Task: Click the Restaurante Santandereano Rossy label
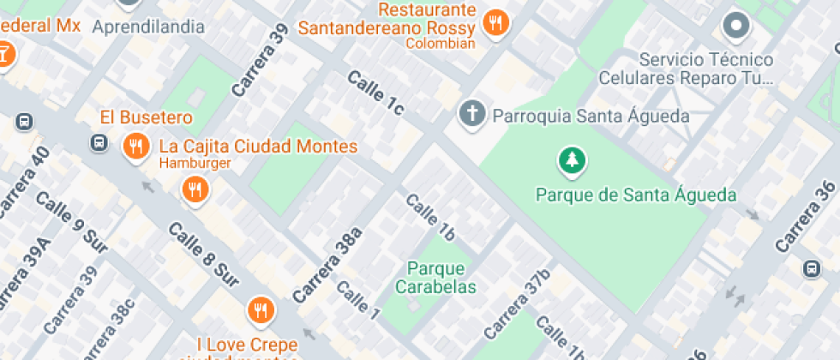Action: click(387, 19)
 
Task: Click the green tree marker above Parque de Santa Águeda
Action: click(571, 159)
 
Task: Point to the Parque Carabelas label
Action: click(436, 278)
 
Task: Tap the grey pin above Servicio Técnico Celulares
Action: click(736, 26)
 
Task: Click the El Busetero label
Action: click(146, 117)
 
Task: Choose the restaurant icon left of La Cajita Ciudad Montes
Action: click(135, 147)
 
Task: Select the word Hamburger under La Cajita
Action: click(195, 163)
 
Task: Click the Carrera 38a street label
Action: click(327, 265)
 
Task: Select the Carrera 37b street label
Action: click(516, 304)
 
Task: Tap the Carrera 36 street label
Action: click(806, 216)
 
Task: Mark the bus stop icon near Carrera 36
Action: click(811, 269)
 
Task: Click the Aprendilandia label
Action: click(148, 27)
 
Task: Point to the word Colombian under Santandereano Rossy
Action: click(441, 44)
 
